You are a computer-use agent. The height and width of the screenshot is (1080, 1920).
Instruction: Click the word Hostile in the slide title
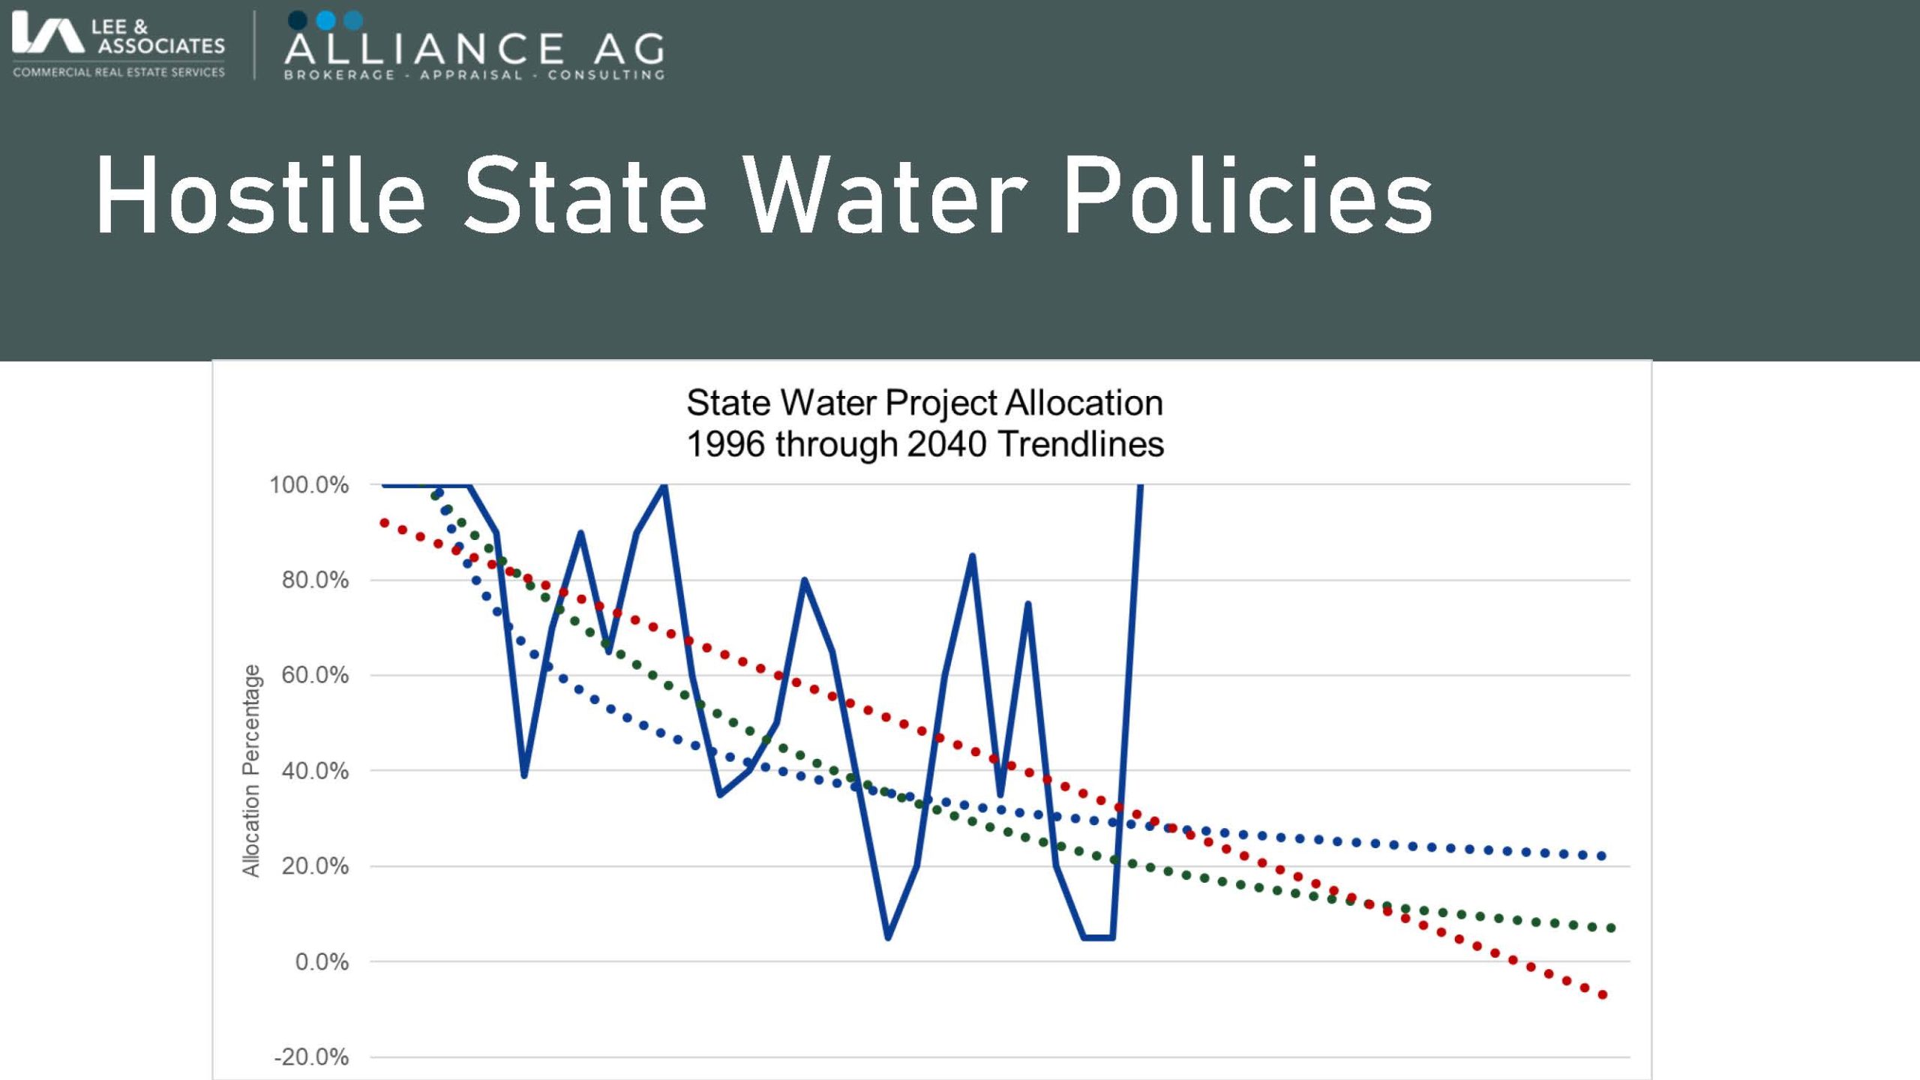point(259,196)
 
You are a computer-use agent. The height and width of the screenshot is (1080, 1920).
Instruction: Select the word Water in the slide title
point(884,196)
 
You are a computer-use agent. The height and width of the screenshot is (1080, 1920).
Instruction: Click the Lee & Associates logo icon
point(46,35)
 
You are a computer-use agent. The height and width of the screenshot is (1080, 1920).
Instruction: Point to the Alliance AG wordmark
point(474,49)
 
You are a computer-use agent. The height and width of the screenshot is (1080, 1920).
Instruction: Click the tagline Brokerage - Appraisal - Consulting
point(474,75)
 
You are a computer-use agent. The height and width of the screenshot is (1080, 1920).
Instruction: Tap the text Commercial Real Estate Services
point(118,73)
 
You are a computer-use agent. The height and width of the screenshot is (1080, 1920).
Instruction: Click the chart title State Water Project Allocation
point(925,403)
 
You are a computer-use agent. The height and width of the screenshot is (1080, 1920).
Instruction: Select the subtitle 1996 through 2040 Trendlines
point(925,444)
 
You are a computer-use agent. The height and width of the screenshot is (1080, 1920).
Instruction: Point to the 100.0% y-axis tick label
point(309,485)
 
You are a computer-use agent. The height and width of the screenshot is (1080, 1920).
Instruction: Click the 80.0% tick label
point(315,580)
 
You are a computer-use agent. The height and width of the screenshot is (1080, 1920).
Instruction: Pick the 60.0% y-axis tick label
point(315,676)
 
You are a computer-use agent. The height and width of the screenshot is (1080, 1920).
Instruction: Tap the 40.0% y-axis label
point(315,771)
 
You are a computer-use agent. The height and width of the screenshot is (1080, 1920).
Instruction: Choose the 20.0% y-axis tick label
point(315,866)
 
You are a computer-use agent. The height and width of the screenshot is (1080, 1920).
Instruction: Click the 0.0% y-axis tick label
point(322,962)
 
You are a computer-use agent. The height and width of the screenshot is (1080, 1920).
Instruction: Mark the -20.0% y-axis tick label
point(311,1057)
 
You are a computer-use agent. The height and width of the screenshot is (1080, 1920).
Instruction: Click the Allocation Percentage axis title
point(250,770)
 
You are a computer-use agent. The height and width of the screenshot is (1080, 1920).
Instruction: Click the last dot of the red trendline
point(1603,995)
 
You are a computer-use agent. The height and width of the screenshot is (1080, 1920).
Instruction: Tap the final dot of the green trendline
point(1611,928)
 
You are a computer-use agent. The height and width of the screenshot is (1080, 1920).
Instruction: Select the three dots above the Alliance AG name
point(325,20)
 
